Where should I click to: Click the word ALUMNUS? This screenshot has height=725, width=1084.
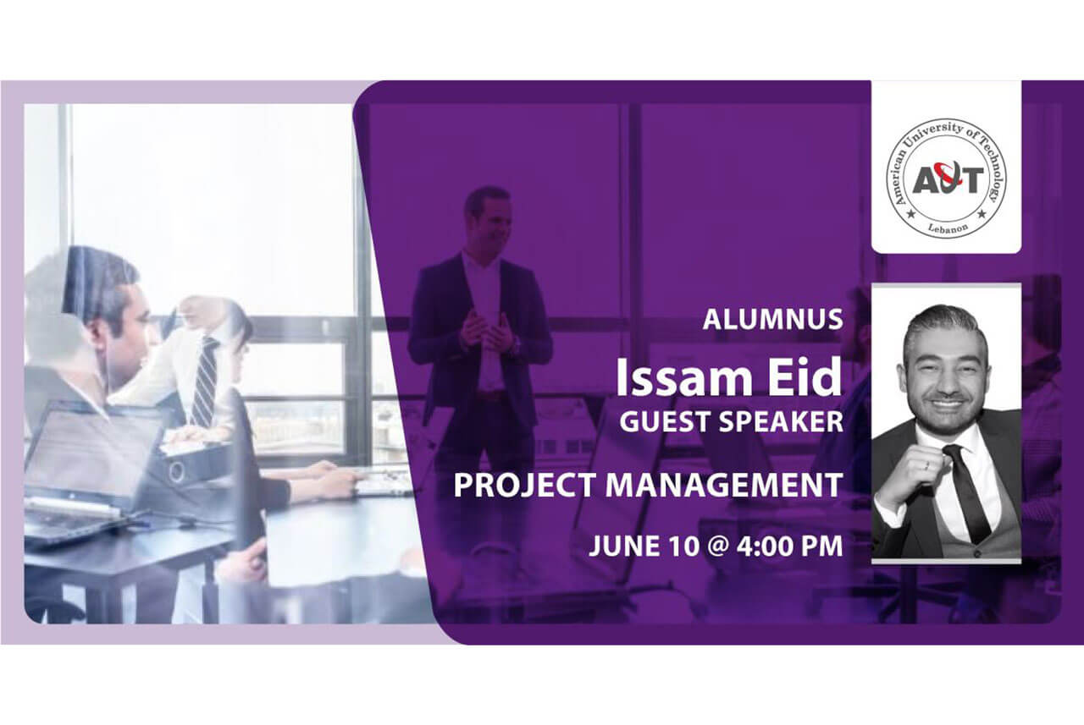(x=773, y=320)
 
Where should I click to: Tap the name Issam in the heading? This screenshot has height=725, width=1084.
(x=683, y=377)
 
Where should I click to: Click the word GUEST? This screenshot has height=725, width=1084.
(x=666, y=421)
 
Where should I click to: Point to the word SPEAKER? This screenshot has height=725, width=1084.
(x=781, y=421)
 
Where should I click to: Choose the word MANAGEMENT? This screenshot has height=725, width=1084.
(x=724, y=485)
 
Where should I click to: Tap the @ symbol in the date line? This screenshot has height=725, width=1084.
(x=718, y=546)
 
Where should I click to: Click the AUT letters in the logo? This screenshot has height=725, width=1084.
(x=948, y=178)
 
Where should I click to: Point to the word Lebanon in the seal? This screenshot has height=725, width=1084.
(x=948, y=229)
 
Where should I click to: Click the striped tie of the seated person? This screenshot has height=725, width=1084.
(x=206, y=381)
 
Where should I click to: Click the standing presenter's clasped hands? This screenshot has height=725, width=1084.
(x=484, y=332)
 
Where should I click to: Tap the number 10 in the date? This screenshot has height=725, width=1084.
(x=683, y=546)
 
